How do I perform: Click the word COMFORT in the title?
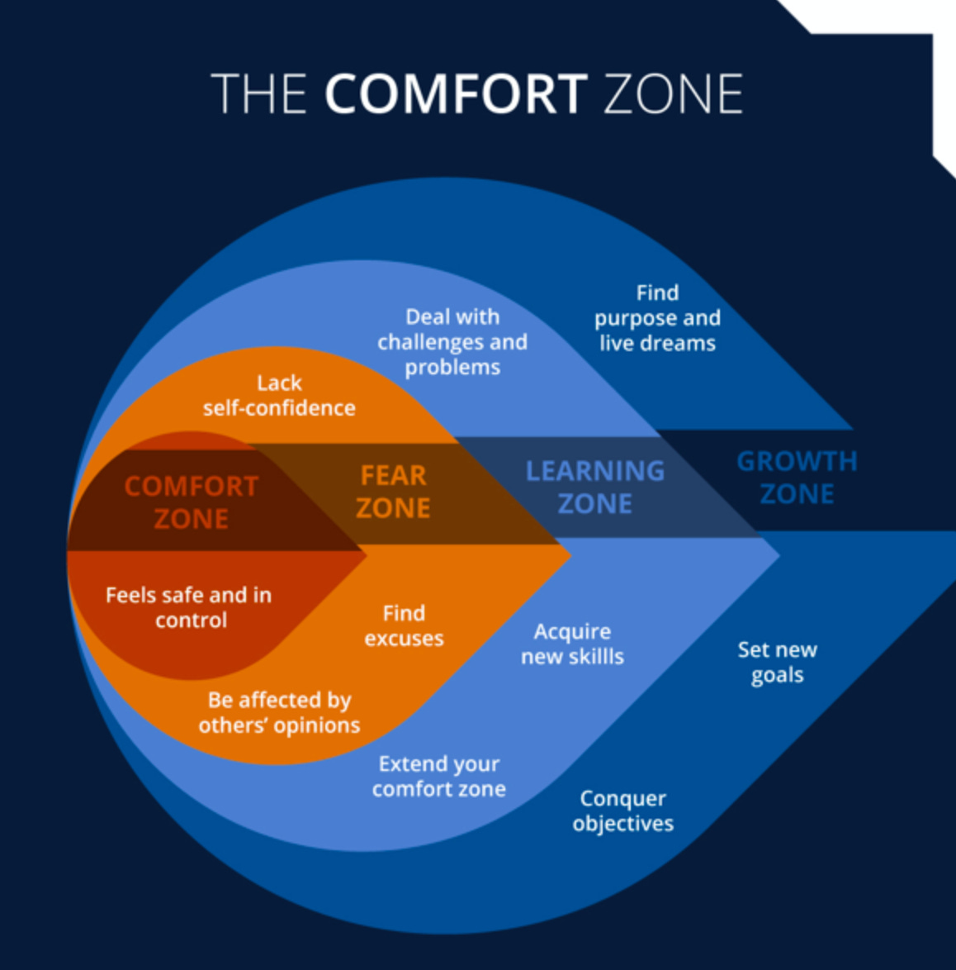pos(456,93)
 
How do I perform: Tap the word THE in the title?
pos(258,93)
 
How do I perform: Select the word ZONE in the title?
pos(674,93)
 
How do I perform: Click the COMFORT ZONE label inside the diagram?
pos(192,502)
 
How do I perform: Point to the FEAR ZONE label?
pos(393,492)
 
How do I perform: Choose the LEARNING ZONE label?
pos(594,487)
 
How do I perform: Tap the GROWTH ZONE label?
pos(797,477)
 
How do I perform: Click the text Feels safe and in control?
pos(189,607)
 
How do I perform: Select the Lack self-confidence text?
pos(279,395)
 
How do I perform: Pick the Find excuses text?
pos(404,625)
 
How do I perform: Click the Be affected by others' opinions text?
pos(279,712)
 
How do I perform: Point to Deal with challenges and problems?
pos(452,341)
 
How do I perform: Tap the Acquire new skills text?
pos(572,644)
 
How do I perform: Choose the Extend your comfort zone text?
pos(438,776)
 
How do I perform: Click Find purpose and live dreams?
pos(657,318)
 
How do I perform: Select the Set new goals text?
pos(777,662)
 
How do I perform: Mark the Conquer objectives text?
pos(622,811)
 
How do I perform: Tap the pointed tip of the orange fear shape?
pos(569,555)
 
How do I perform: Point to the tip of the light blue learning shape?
pos(778,556)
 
